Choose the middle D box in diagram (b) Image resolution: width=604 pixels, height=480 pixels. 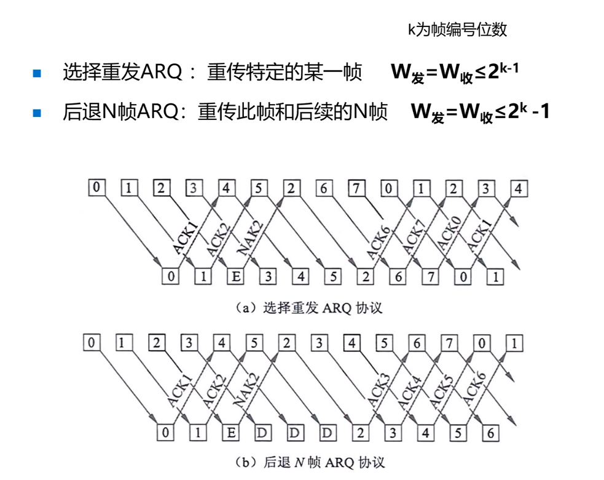tap(294, 433)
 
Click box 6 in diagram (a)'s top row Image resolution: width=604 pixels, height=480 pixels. tap(323, 188)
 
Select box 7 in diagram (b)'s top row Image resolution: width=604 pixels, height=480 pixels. tap(452, 342)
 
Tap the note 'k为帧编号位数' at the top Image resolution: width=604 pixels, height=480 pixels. tap(457, 30)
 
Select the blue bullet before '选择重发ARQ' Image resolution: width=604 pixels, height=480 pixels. tap(36, 74)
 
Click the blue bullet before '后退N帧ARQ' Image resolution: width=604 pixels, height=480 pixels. tap(36, 113)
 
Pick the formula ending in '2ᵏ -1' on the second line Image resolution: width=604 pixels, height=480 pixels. tap(480, 113)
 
